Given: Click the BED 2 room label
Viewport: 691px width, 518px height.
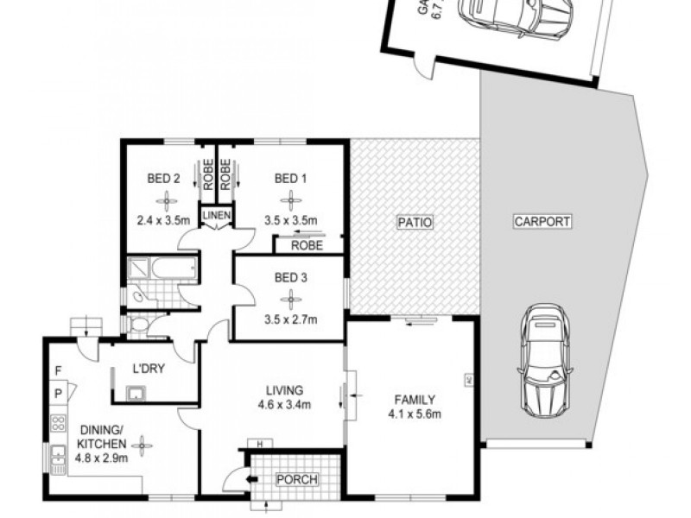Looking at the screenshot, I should click(163, 180).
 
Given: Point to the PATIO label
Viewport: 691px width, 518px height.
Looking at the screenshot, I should click(414, 223).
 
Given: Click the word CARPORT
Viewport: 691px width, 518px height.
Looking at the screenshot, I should click(542, 221).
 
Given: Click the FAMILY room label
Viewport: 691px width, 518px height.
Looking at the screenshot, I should click(415, 399).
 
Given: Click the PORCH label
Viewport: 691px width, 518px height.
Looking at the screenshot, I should click(295, 479).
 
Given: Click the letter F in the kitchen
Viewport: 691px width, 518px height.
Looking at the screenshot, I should click(57, 373).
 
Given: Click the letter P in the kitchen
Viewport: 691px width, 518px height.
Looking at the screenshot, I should click(57, 394).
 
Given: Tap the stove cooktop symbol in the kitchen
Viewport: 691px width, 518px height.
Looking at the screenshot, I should click(59, 424).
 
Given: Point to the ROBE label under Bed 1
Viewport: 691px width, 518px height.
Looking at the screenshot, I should click(307, 245).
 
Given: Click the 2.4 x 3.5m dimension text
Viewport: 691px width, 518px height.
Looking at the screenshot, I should click(163, 220).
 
